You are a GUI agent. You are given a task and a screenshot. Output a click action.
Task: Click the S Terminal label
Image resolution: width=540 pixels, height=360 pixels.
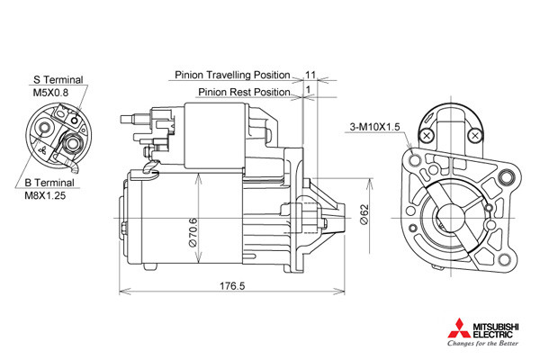pyautogui.click(x=58, y=79)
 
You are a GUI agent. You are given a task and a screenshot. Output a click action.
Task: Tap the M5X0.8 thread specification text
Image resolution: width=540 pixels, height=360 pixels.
pyautogui.click(x=50, y=93)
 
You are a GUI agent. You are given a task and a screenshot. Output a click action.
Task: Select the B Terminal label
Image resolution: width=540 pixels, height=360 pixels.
pyautogui.click(x=49, y=183)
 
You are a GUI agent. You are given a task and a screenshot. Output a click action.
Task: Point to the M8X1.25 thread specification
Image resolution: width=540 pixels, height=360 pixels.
pyautogui.click(x=45, y=195)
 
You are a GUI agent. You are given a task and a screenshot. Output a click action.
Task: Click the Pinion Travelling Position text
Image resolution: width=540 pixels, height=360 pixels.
pyautogui.click(x=232, y=75)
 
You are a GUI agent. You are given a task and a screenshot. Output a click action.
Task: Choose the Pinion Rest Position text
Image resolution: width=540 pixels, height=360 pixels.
pyautogui.click(x=244, y=92)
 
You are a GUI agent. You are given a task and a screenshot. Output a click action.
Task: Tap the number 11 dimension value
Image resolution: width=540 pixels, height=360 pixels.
pyautogui.click(x=310, y=75)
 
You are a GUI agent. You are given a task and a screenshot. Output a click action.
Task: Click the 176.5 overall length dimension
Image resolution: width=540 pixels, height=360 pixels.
pyautogui.click(x=232, y=285)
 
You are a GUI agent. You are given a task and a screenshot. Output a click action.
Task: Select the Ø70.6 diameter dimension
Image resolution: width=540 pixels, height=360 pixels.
pyautogui.click(x=193, y=232)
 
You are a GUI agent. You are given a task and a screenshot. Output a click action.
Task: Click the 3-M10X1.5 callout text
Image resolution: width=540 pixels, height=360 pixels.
pyautogui.click(x=374, y=127)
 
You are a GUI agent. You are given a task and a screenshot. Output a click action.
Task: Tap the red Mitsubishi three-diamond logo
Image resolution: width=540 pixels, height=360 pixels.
pyautogui.click(x=459, y=328)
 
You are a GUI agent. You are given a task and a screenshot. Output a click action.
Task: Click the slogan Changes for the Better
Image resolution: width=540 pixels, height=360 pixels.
pyautogui.click(x=482, y=343)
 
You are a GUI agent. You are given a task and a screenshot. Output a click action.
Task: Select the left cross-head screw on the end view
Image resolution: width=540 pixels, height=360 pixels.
pyautogui.click(x=427, y=136)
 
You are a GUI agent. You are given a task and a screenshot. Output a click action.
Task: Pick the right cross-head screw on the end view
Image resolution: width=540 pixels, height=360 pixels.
pyautogui.click(x=475, y=136)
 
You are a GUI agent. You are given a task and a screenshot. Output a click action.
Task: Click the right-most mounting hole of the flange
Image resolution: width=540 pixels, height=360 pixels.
pyautogui.click(x=506, y=177)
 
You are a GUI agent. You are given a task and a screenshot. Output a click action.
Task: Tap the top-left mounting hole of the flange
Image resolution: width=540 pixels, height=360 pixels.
pyautogui.click(x=414, y=160)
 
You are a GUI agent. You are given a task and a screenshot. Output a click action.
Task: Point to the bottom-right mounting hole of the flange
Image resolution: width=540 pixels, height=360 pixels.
pyautogui.click(x=504, y=260)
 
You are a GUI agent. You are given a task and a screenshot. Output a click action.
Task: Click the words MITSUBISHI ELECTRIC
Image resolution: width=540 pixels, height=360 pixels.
pyautogui.click(x=496, y=330)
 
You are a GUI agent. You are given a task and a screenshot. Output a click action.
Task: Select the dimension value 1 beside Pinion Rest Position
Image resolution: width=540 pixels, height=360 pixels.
pyautogui.click(x=308, y=90)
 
